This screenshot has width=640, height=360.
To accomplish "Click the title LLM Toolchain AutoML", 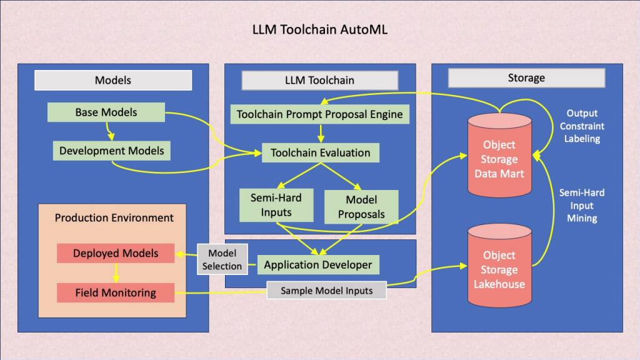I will pyautogui.click(x=319, y=29).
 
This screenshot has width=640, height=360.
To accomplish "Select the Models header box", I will pyautogui.click(x=112, y=80).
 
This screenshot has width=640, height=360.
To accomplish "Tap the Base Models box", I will pyautogui.click(x=106, y=112).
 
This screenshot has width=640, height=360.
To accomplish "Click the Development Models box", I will pyautogui.click(x=111, y=151).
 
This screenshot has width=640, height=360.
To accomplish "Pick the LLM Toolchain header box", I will pyautogui.click(x=319, y=80).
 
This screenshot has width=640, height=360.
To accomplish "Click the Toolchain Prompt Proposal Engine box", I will pyautogui.click(x=321, y=114).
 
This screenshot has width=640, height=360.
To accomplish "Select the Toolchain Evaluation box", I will pyautogui.click(x=320, y=152).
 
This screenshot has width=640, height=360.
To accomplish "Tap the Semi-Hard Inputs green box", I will pyautogui.click(x=276, y=205).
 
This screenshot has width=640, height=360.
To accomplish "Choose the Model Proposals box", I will pyautogui.click(x=361, y=207).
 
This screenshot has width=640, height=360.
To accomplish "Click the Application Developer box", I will pyautogui.click(x=317, y=265).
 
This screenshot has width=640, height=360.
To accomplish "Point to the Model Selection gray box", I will pyautogui.click(x=222, y=259).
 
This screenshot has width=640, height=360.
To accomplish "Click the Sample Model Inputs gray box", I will pyautogui.click(x=326, y=291).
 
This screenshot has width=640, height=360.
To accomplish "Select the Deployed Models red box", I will pyautogui.click(x=115, y=253).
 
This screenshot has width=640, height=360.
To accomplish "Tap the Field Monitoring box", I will pyautogui.click(x=115, y=292).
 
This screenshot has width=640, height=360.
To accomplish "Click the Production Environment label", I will pyautogui.click(x=114, y=217).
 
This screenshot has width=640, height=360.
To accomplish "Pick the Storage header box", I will pyautogui.click(x=526, y=78).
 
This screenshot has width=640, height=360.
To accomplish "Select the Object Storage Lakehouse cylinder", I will pyautogui.click(x=499, y=269).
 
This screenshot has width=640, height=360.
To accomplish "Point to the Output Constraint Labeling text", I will pyautogui.click(x=581, y=126).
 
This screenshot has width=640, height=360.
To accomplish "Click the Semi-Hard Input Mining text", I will pyautogui.click(x=581, y=206).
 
